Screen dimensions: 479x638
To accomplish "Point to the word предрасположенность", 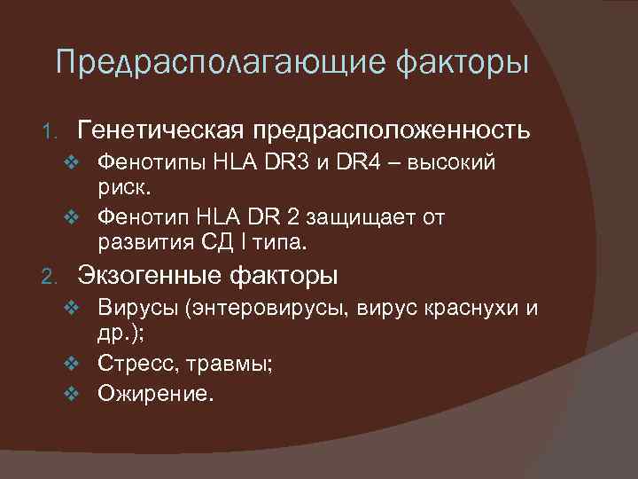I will pyautogui.click(x=393, y=132).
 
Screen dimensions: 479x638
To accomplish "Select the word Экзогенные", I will pyautogui.click(x=150, y=277).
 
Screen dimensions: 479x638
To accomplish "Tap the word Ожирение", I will pyautogui.click(x=156, y=392).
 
